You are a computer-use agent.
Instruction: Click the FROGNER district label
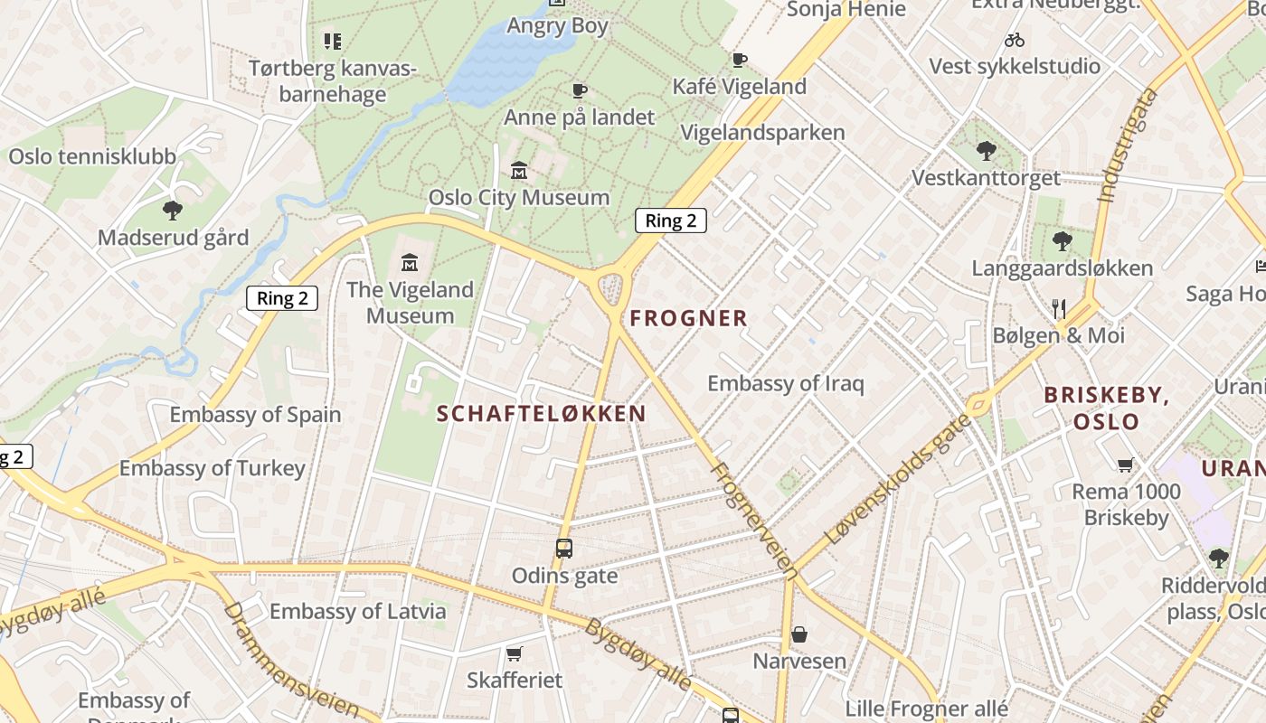[x=688, y=318]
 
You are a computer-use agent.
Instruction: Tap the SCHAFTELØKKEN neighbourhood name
[x=541, y=414]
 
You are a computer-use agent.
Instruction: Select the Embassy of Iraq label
[x=785, y=383]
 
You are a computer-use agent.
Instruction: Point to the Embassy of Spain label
[x=255, y=415]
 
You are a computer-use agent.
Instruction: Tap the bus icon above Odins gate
[x=563, y=549]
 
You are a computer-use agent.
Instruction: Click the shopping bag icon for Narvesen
[x=799, y=635]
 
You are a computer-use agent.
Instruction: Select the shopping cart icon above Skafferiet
[x=514, y=653]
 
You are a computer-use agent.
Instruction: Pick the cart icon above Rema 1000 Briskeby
[x=1125, y=465]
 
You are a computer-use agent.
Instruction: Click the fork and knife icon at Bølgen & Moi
[x=1059, y=309]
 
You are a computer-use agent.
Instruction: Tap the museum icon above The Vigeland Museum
[x=410, y=263]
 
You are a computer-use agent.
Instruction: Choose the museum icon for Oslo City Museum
[x=519, y=171]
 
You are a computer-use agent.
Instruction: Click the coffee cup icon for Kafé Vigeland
[x=739, y=61]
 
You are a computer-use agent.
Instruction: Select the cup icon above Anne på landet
[x=579, y=90]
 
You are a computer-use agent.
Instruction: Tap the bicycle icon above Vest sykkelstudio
[x=1014, y=40]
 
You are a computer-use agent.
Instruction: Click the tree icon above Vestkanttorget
[x=986, y=151]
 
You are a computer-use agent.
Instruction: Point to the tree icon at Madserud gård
[x=172, y=211]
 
